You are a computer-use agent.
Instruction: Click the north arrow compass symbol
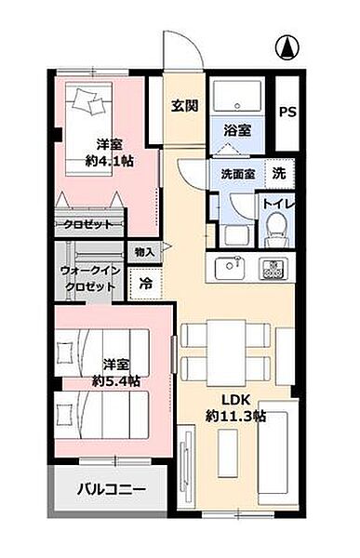click(288, 44)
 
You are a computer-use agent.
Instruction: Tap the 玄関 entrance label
click(184, 106)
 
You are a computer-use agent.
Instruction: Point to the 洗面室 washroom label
click(238, 173)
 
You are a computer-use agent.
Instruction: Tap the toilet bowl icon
click(275, 226)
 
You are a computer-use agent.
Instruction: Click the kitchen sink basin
click(230, 268)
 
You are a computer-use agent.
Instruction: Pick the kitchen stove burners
click(273, 269)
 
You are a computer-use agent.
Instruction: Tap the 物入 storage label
click(144, 252)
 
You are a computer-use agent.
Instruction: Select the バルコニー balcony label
click(110, 488)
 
